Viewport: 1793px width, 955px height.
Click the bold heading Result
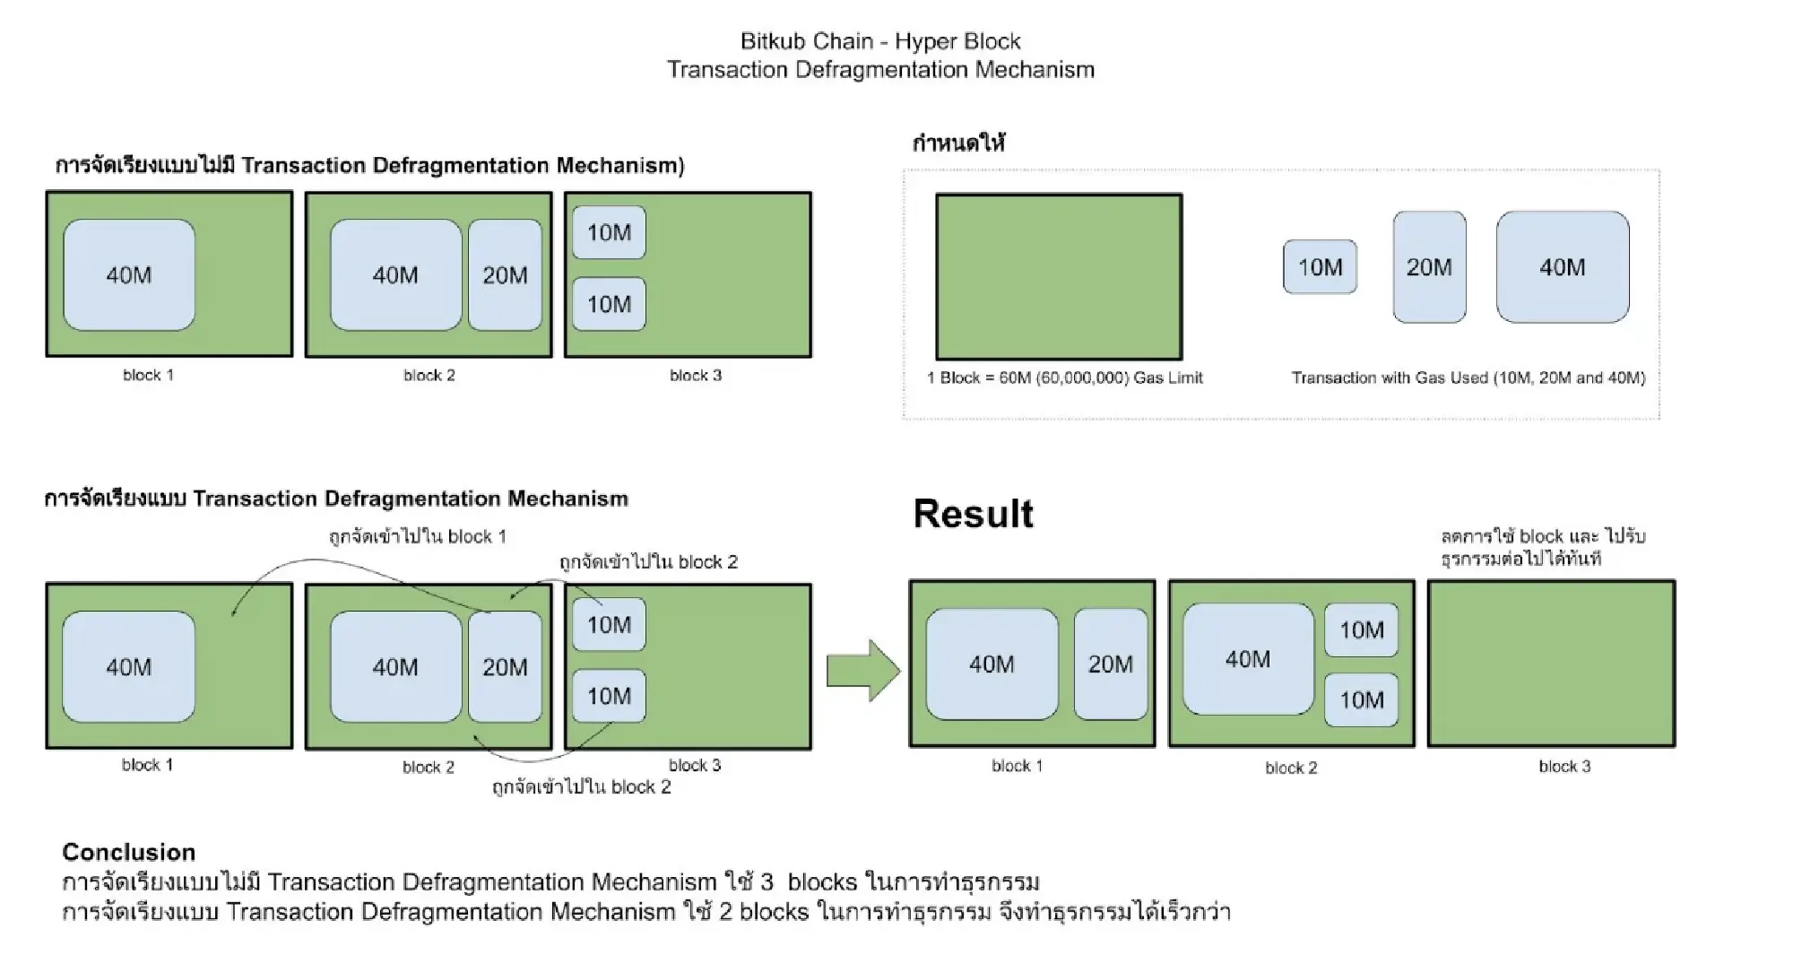(x=973, y=515)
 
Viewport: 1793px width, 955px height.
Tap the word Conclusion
(x=128, y=852)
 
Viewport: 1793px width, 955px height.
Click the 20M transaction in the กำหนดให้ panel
(x=1429, y=267)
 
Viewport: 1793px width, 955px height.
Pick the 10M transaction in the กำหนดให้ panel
(x=1320, y=267)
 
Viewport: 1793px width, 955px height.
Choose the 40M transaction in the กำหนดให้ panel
(x=1563, y=267)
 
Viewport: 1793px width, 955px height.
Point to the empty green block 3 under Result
(x=1551, y=664)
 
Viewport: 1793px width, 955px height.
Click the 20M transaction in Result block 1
(x=1111, y=664)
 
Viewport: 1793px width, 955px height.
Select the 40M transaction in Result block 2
(x=1248, y=660)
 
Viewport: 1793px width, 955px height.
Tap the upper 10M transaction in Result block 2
(x=1361, y=630)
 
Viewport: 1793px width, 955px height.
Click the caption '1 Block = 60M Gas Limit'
(x=1065, y=378)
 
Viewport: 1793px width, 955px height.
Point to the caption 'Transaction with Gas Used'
(x=1468, y=378)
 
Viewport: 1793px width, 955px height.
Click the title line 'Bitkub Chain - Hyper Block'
(x=880, y=41)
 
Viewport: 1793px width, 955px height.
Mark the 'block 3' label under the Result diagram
(x=1564, y=767)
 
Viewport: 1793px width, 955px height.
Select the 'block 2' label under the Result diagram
(x=1291, y=768)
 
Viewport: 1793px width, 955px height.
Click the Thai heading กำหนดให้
(x=958, y=143)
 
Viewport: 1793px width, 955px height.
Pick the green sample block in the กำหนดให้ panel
(x=1059, y=277)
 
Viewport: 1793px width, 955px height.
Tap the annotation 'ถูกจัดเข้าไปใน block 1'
(x=417, y=537)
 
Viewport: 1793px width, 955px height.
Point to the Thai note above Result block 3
(x=1542, y=548)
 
